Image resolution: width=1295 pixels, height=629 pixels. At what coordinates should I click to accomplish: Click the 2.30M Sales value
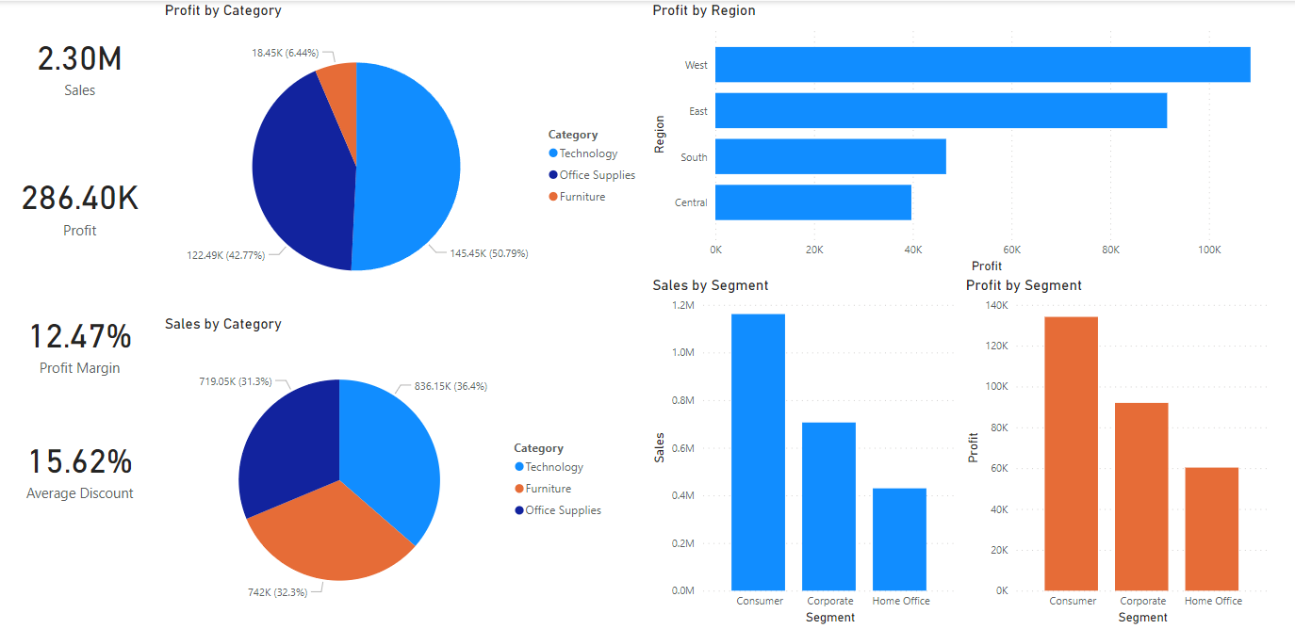[80, 59]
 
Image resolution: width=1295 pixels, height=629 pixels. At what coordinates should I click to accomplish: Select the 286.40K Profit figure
[80, 199]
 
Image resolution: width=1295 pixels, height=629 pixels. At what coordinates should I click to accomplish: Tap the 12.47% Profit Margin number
[80, 337]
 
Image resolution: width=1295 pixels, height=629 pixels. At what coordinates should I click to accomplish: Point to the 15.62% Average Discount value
[80, 462]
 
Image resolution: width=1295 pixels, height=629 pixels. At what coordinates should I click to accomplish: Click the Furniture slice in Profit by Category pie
[339, 85]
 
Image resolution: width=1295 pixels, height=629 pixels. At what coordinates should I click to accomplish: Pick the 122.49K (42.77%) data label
[227, 255]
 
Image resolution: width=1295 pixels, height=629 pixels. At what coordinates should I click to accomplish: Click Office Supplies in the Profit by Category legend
[597, 175]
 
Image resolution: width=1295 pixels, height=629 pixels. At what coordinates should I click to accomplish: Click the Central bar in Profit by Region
[812, 202]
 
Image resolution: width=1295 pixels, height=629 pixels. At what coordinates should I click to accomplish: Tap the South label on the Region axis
[694, 157]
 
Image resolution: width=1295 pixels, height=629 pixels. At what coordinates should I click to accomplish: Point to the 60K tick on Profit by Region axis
[1011, 250]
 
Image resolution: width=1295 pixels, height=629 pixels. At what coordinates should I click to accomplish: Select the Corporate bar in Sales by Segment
[828, 507]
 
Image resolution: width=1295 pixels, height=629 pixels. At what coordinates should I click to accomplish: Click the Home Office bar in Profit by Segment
[1211, 529]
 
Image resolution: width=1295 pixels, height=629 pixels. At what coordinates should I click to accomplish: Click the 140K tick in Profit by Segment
[996, 305]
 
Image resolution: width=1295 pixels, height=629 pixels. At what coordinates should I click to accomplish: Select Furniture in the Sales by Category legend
[548, 489]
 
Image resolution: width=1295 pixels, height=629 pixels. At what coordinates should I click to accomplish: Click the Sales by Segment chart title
[711, 285]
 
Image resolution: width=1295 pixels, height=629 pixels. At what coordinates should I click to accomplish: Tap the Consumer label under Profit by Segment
[1073, 601]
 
